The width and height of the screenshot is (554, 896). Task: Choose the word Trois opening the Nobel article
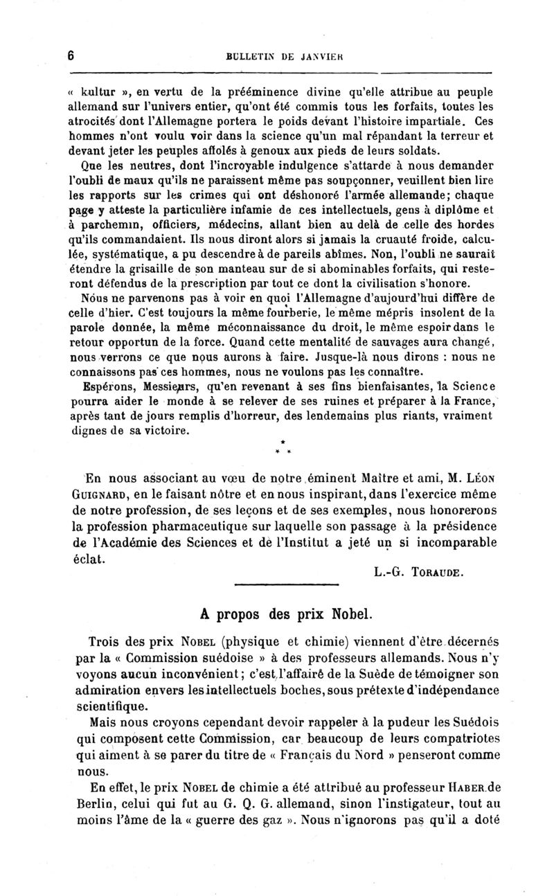(109, 642)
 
